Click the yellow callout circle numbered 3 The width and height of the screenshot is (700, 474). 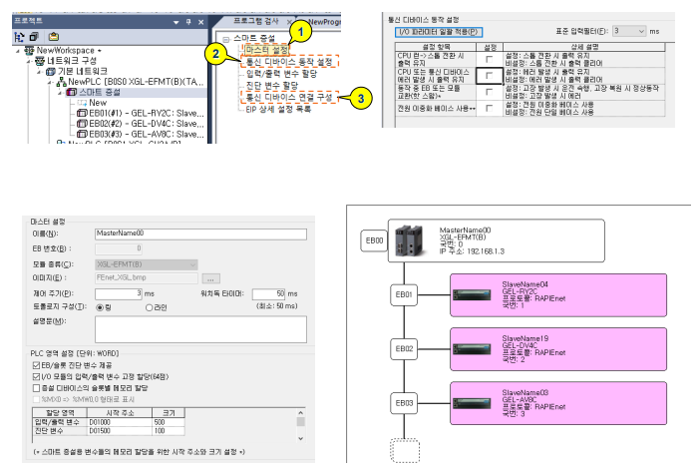tap(364, 97)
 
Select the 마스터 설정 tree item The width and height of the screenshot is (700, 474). tap(265, 49)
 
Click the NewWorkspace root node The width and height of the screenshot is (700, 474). tap(61, 49)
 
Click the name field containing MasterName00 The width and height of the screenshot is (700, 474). tap(200, 233)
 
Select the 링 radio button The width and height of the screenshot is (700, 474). tap(104, 307)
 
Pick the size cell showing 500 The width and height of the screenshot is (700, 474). tap(167, 422)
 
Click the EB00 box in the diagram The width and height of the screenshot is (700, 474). tap(375, 240)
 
